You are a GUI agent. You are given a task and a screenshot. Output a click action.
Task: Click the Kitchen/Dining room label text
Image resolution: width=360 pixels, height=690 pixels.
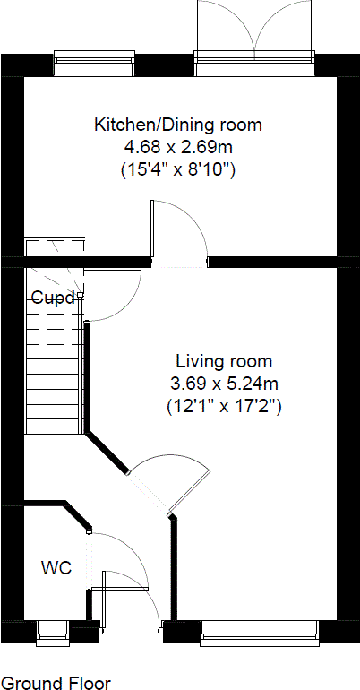click(x=178, y=125)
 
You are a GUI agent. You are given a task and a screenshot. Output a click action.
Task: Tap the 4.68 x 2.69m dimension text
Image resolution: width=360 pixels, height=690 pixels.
click(x=178, y=146)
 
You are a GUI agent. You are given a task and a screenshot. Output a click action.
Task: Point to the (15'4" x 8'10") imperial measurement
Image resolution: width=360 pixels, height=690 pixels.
click(x=178, y=168)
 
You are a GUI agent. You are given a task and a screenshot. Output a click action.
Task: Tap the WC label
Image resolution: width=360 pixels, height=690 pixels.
click(x=56, y=567)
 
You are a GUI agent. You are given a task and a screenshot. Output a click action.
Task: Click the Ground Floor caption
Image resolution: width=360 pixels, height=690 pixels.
click(x=57, y=683)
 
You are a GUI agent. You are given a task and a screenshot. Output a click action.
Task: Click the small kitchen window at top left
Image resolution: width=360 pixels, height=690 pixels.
click(x=94, y=63)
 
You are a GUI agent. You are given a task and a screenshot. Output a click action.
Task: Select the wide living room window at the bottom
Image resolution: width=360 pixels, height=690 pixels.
click(x=260, y=632)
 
